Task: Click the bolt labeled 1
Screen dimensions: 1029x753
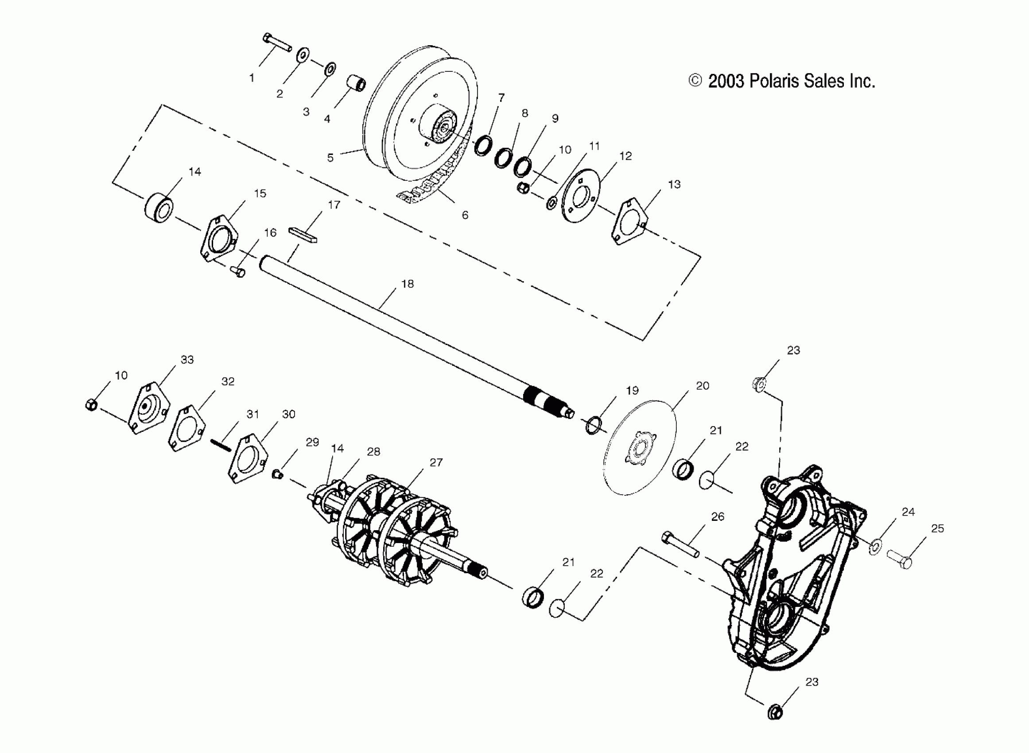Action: pos(276,43)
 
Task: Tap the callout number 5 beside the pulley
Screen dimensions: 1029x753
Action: pos(330,158)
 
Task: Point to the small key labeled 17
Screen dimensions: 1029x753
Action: pos(303,234)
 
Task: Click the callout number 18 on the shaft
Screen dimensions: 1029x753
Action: pos(408,284)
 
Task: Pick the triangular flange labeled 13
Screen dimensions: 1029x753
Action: pos(629,221)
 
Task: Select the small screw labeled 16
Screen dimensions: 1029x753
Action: pos(238,272)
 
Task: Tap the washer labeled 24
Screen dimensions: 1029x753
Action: pos(874,547)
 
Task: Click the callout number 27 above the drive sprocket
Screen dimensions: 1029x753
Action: pos(436,462)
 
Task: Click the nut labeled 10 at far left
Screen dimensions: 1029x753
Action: pos(91,404)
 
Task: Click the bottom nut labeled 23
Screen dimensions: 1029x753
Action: pos(774,711)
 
